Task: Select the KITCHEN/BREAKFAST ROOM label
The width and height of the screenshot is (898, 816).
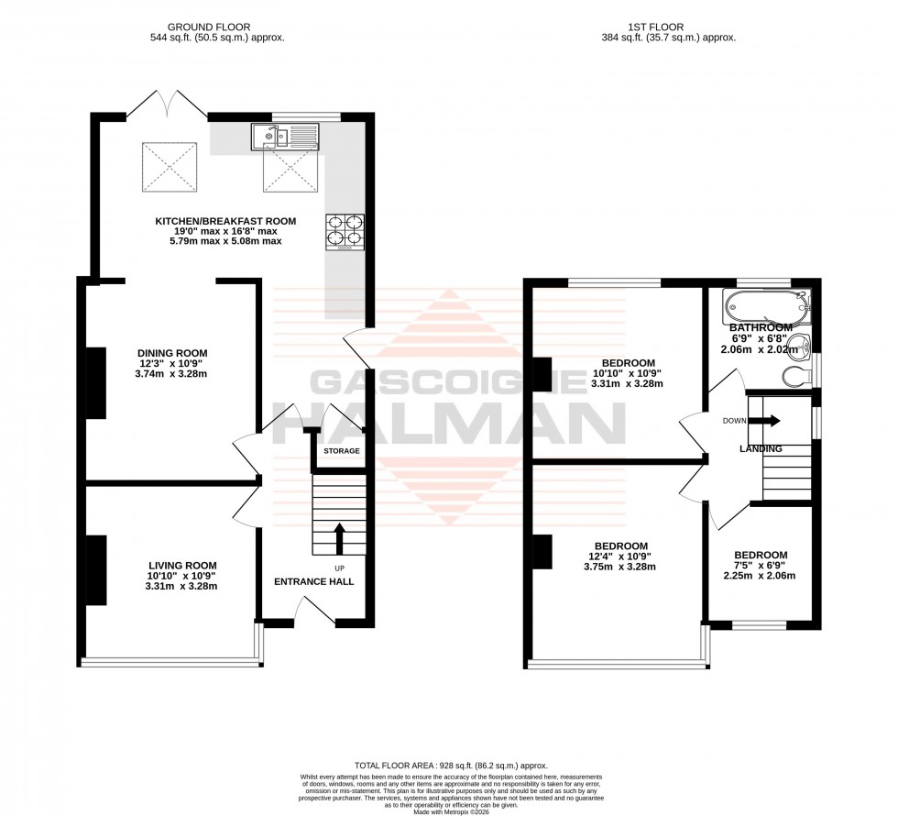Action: click(225, 221)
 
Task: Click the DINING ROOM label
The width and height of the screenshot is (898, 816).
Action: click(172, 353)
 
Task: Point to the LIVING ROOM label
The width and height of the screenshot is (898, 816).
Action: click(183, 565)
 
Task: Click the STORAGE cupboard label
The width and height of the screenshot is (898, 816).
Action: click(341, 451)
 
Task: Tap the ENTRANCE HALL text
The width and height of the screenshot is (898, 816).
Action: click(314, 581)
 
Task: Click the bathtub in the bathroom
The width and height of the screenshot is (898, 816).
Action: click(766, 306)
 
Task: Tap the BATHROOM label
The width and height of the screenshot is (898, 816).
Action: click(761, 327)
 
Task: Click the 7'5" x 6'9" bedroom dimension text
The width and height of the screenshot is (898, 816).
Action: click(760, 566)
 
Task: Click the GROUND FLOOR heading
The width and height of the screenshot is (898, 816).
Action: click(216, 27)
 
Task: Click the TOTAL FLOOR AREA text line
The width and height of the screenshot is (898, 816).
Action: click(448, 764)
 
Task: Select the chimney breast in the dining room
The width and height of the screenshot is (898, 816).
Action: click(95, 383)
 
